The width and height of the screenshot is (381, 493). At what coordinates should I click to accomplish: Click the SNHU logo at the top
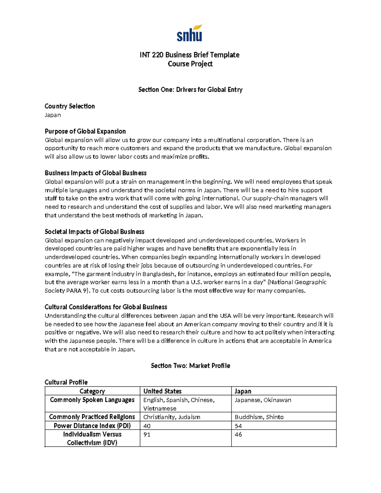pyautogui.click(x=190, y=33)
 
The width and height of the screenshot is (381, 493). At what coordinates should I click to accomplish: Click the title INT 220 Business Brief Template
pyautogui.click(x=190, y=55)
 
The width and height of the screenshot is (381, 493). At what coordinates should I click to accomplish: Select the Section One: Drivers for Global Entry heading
pyautogui.click(x=190, y=90)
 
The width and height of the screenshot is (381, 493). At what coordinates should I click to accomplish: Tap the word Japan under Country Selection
pyautogui.click(x=53, y=115)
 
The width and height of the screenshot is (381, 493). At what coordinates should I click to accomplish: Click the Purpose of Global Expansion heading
pyautogui.click(x=85, y=131)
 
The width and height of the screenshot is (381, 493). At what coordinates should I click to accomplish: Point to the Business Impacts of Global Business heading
pyautogui.click(x=96, y=173)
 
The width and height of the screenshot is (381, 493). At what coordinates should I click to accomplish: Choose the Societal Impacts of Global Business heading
pyautogui.click(x=94, y=232)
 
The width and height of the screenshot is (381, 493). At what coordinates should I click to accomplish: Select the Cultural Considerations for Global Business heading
pyautogui.click(x=106, y=307)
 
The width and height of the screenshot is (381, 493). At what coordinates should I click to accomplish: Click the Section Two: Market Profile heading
pyautogui.click(x=190, y=366)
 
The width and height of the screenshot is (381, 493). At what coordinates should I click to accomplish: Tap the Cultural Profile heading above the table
pyautogui.click(x=66, y=382)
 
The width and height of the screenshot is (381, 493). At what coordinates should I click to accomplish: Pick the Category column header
pyautogui.click(x=92, y=391)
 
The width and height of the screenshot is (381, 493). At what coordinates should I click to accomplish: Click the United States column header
pyautogui.click(x=163, y=391)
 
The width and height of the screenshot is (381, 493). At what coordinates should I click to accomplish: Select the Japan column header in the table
pyautogui.click(x=243, y=391)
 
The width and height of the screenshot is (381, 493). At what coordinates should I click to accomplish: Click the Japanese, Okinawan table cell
pyautogui.click(x=263, y=400)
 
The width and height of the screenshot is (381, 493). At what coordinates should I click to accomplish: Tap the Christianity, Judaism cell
pyautogui.click(x=172, y=417)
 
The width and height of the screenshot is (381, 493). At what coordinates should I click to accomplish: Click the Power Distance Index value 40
pyautogui.click(x=147, y=426)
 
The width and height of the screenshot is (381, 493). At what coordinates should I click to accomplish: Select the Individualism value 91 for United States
pyautogui.click(x=147, y=435)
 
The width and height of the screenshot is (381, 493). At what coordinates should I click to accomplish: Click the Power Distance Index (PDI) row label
pyautogui.click(x=92, y=426)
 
